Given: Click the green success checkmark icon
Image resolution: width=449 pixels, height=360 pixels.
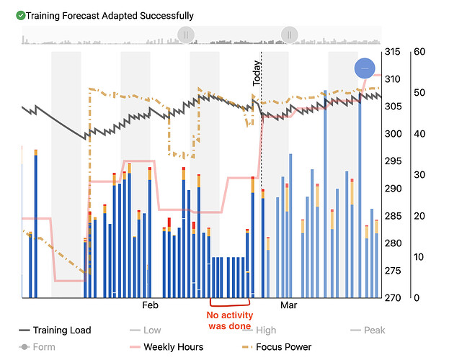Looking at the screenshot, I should click(21, 15).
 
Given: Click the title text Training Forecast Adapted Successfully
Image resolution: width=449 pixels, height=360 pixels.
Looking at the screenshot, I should click(110, 15).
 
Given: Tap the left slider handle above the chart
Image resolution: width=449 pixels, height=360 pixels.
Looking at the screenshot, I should click(186, 35).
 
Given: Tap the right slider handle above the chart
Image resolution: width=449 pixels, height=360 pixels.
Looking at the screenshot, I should click(290, 35).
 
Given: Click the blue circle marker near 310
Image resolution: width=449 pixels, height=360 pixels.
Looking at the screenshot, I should click(365, 68).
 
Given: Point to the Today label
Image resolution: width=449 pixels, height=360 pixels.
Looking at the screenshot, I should click(257, 73).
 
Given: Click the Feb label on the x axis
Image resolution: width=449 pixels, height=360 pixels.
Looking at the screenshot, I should click(150, 305).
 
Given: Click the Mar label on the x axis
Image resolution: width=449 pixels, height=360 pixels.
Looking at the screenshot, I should click(288, 305).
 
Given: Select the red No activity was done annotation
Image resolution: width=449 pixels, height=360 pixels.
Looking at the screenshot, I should click(229, 320).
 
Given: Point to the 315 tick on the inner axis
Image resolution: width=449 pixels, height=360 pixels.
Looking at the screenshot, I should click(392, 52).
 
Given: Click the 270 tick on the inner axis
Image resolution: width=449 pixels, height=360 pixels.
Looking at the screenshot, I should click(392, 298).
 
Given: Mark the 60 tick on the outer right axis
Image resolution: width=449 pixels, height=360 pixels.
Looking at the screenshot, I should click(419, 52).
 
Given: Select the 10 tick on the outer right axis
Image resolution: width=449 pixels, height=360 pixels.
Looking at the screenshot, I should click(419, 257).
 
